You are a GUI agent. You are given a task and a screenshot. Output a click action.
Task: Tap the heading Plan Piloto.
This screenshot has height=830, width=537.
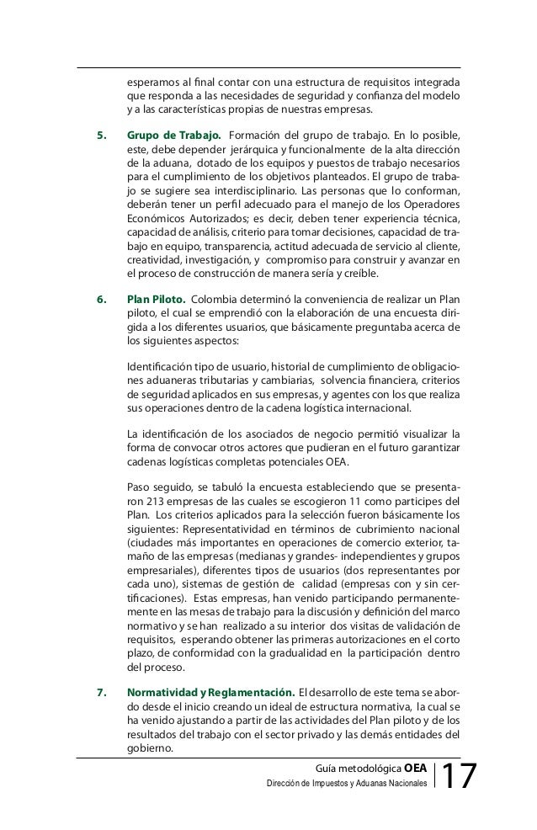point(156,299)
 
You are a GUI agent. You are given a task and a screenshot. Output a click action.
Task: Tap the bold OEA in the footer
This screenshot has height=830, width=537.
point(415,768)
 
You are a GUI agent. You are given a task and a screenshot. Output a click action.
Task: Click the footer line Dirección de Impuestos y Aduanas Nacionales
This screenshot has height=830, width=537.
point(346,785)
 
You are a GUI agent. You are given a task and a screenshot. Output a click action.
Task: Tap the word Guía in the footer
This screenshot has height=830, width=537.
point(326,768)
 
